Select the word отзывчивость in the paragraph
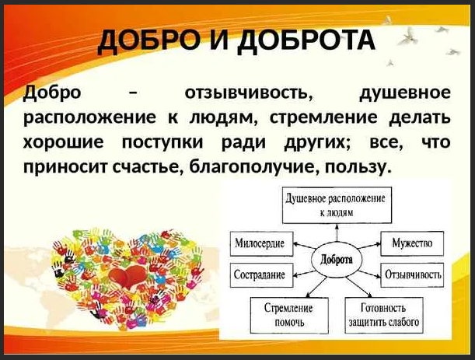coord(250,93)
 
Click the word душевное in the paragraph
coord(405,93)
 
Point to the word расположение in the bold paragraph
coord(89,118)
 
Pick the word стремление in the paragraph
coord(323,118)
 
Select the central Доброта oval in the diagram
coord(337,260)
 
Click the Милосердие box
coord(262,243)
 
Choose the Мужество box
coord(412,243)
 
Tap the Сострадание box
coord(262,274)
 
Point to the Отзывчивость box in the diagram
coord(412,274)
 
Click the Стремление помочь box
coord(289,315)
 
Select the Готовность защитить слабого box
coord(384,315)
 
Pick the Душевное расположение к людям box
coord(337,205)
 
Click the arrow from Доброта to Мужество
coord(369,246)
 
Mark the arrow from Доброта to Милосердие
coord(305,246)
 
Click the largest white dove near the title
coord(408,37)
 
